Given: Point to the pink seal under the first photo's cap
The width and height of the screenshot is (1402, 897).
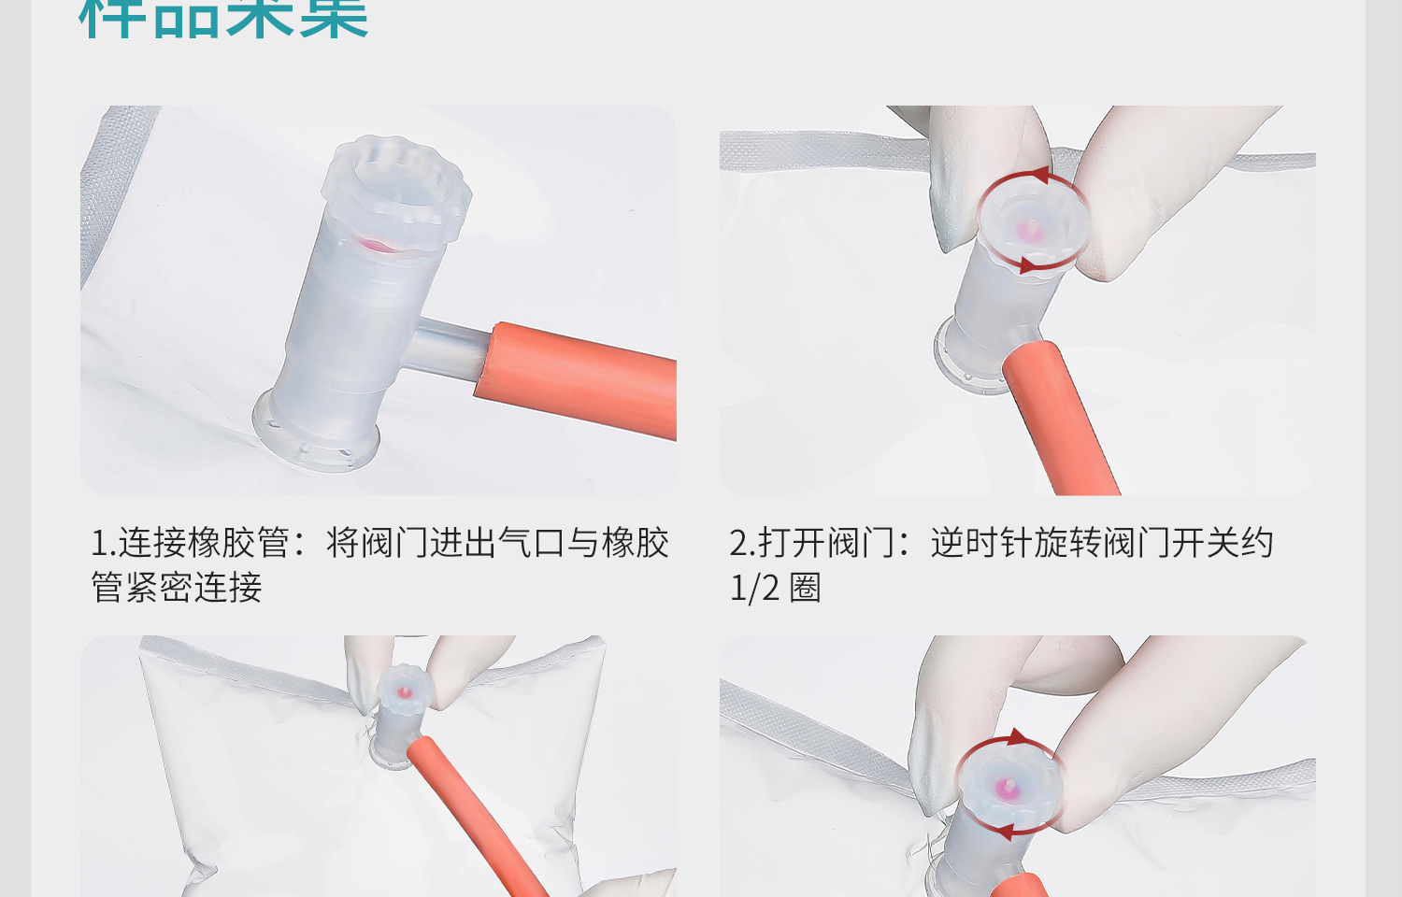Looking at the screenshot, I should tap(379, 246).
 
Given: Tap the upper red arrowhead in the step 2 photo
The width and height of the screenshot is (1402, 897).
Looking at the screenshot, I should tap(1040, 175).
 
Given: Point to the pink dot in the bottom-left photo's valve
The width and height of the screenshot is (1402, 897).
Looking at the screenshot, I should tap(405, 692).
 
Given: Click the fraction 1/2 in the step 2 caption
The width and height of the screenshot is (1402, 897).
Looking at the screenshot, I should tap(754, 588).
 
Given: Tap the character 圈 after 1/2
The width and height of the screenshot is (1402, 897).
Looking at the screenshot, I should tap(805, 588).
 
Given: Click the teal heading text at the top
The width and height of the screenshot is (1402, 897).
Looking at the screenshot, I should tap(224, 19).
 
